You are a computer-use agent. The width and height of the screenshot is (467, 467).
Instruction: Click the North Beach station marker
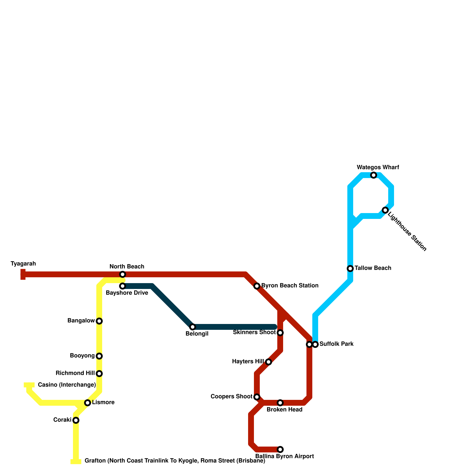tap(123, 274)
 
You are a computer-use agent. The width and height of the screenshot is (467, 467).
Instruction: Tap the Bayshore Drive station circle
tap(123, 286)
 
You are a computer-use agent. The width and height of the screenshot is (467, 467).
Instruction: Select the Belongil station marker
tap(193, 327)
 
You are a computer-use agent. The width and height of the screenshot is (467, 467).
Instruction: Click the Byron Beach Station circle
tap(257, 286)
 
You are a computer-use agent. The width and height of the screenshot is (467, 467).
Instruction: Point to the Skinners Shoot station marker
tap(280, 333)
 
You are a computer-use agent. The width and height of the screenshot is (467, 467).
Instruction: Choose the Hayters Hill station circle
tap(269, 362)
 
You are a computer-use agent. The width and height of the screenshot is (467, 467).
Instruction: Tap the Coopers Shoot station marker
tap(257, 397)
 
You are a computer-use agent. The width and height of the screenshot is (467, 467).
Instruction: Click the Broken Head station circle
tap(280, 403)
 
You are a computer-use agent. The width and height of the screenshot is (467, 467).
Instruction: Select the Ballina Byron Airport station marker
tap(280, 449)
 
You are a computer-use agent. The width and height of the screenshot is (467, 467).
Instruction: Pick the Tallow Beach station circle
tap(350, 269)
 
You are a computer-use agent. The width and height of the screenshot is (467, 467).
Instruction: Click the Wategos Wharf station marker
tap(374, 175)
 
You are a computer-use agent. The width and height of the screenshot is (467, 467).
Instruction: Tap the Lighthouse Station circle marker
tap(385, 210)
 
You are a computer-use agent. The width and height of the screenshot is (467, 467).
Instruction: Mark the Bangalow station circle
tap(99, 321)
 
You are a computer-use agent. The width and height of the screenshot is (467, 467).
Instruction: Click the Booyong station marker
tap(99, 356)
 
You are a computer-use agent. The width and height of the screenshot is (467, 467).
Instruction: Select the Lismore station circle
tap(88, 403)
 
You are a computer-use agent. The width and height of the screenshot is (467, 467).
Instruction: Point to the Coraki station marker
tap(76, 420)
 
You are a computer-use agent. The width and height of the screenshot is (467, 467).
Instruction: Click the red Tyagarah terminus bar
tap(23, 274)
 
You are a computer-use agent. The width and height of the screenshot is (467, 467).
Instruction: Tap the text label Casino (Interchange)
tap(67, 385)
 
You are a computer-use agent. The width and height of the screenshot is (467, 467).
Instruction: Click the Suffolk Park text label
tap(337, 344)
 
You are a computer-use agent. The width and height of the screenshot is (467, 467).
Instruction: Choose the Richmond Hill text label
tap(75, 373)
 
